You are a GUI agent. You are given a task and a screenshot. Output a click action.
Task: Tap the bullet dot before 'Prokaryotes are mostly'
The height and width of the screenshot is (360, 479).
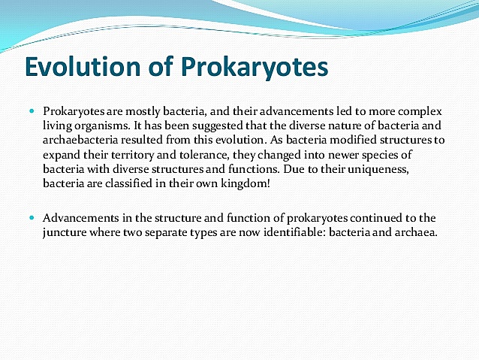point(32,110)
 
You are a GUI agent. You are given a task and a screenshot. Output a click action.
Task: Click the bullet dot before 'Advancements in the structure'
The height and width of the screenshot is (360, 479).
point(32,217)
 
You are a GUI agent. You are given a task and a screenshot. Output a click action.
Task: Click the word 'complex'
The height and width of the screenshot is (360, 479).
point(420,110)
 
